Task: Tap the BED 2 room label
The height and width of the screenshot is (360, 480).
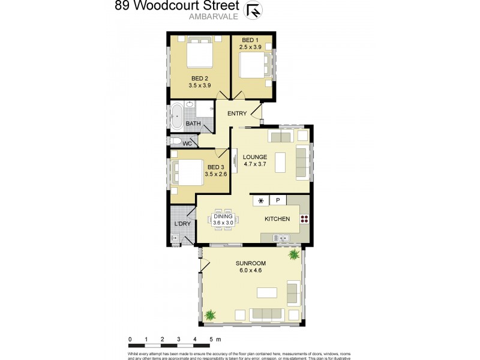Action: point(200,79)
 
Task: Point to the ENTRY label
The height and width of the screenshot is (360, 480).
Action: point(237,113)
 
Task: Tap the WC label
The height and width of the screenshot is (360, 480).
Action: point(187,144)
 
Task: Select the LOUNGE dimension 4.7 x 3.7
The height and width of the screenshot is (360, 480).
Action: point(255,164)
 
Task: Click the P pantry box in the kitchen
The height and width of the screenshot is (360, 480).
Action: point(278,200)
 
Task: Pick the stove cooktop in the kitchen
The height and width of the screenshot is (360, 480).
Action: point(304,219)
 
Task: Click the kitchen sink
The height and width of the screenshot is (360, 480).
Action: point(281,239)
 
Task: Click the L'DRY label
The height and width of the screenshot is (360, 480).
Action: point(182,224)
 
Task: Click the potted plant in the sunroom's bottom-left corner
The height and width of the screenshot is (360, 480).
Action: point(211,314)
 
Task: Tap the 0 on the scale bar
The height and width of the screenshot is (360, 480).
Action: point(130,340)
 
